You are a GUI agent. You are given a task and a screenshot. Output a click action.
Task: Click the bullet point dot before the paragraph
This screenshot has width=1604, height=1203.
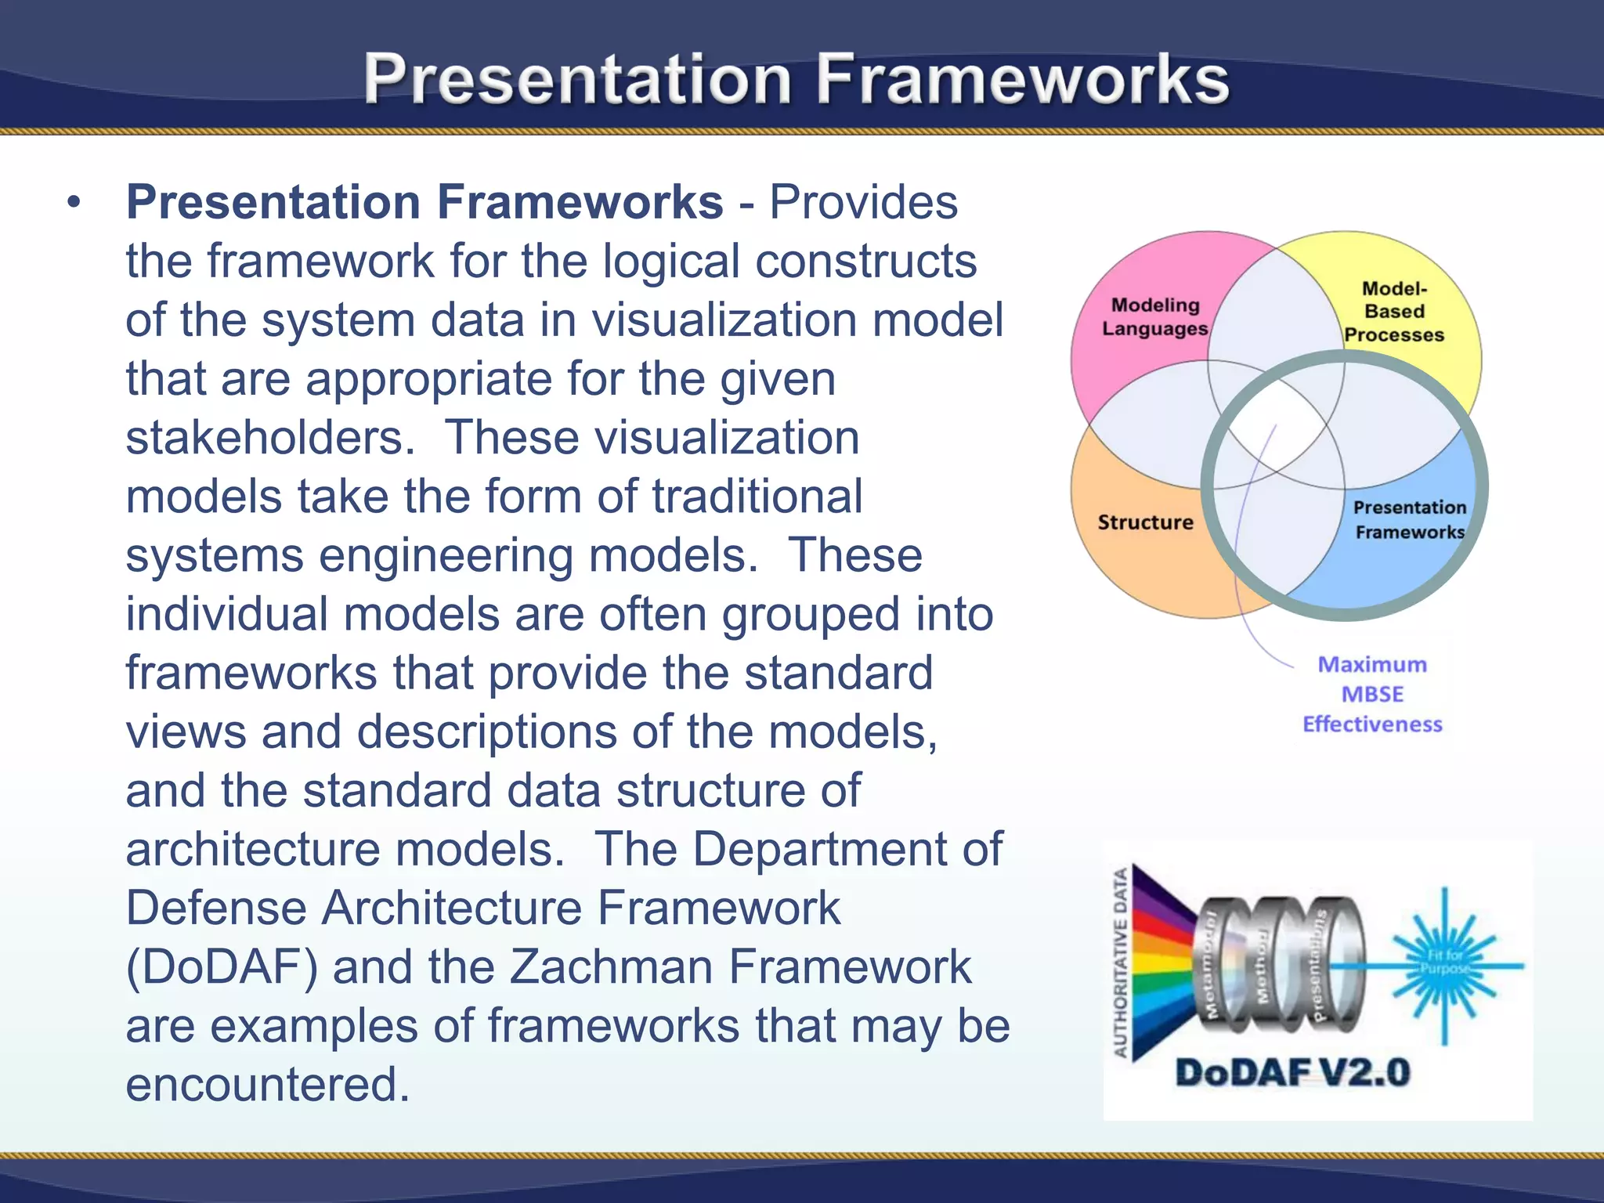click(x=74, y=203)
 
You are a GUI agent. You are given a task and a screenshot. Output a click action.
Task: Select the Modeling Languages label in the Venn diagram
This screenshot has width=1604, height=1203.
click(x=1154, y=316)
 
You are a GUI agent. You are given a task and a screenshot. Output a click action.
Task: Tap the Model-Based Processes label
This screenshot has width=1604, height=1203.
click(x=1394, y=312)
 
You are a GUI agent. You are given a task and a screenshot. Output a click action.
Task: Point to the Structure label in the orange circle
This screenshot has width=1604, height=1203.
click(x=1145, y=522)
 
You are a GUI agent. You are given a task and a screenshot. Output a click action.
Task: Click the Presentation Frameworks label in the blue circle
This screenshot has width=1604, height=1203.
click(x=1409, y=519)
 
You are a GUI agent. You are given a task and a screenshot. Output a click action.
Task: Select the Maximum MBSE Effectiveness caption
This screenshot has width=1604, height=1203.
click(x=1372, y=694)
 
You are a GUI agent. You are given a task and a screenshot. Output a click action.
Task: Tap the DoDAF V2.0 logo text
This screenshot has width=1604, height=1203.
click(x=1292, y=1072)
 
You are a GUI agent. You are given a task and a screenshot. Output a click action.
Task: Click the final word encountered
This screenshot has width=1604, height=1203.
click(x=268, y=1085)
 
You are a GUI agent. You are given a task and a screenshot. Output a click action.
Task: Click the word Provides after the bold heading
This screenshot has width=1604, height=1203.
click(x=863, y=203)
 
